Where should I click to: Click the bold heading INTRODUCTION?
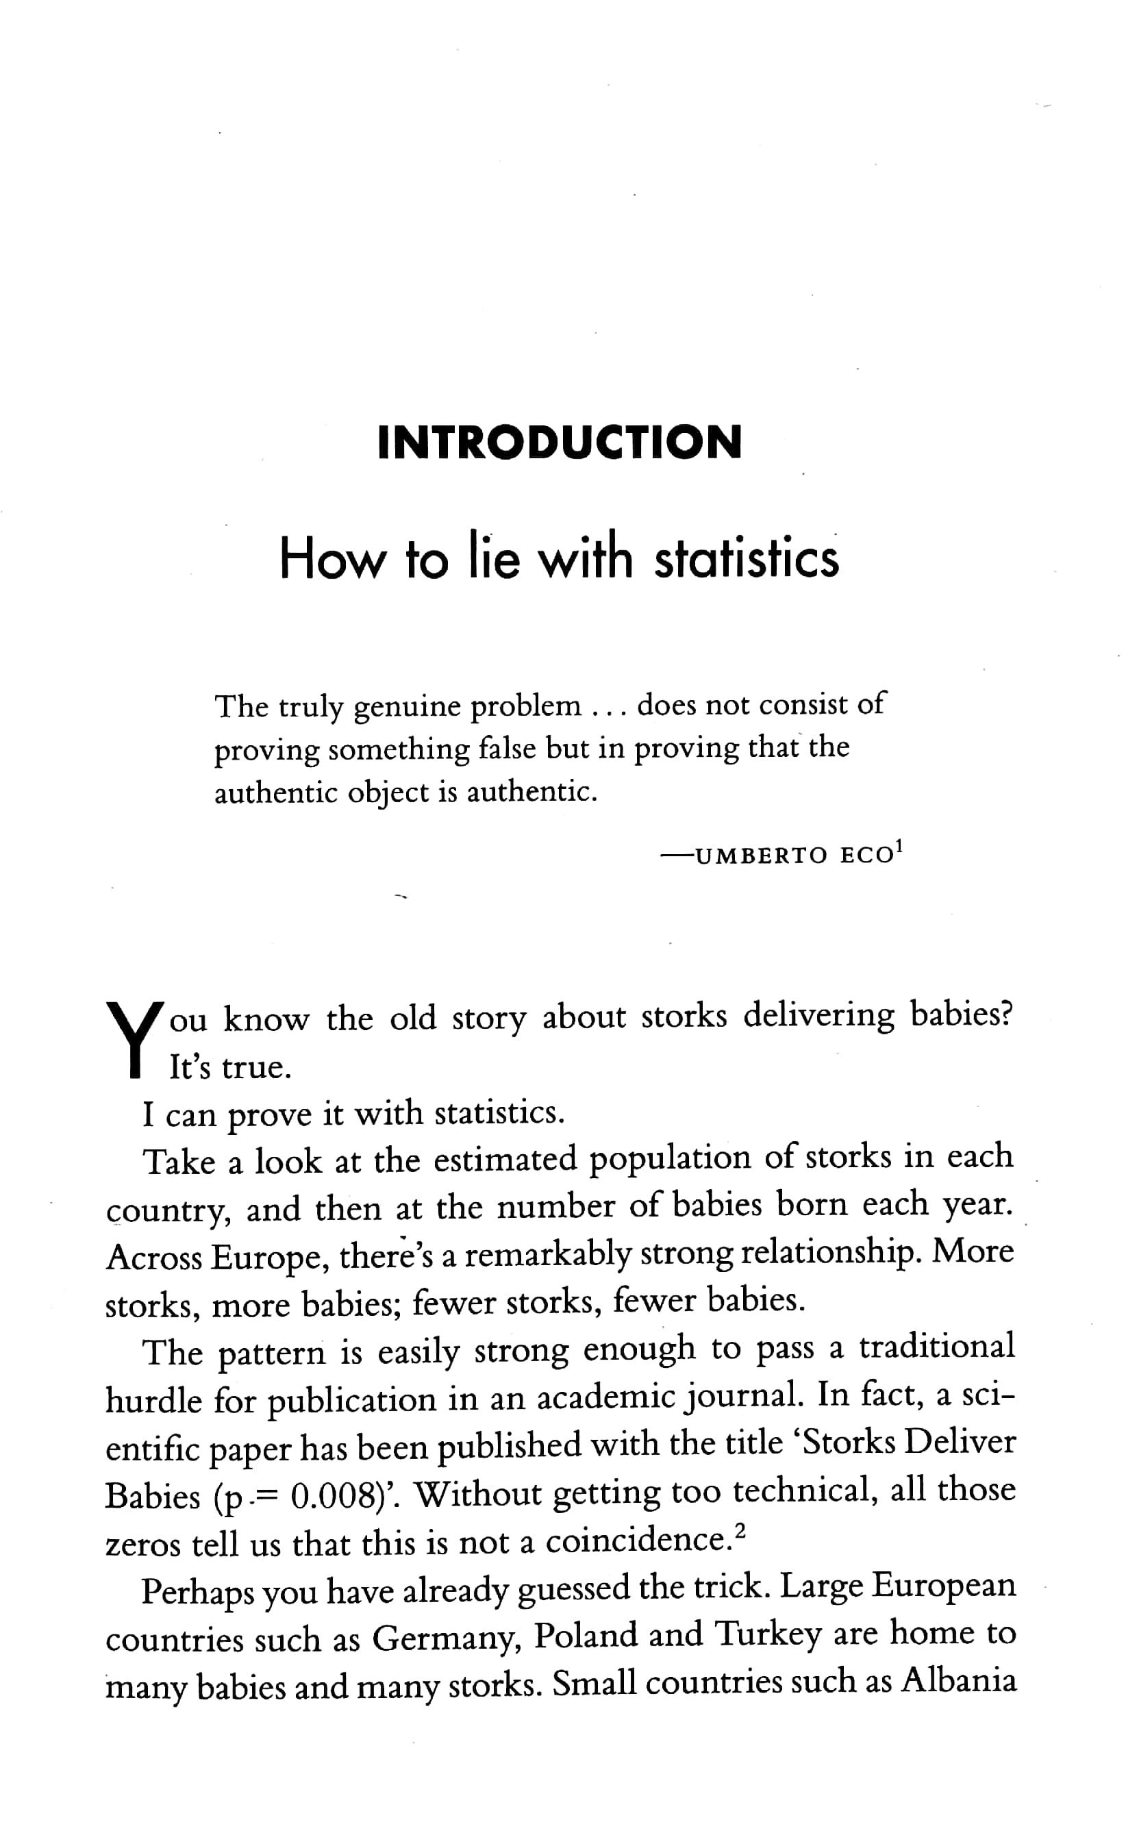click(560, 442)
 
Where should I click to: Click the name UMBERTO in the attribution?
click(760, 855)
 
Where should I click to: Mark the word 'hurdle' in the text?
click(153, 1400)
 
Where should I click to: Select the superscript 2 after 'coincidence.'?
click(739, 1532)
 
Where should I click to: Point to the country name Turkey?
click(767, 1636)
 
